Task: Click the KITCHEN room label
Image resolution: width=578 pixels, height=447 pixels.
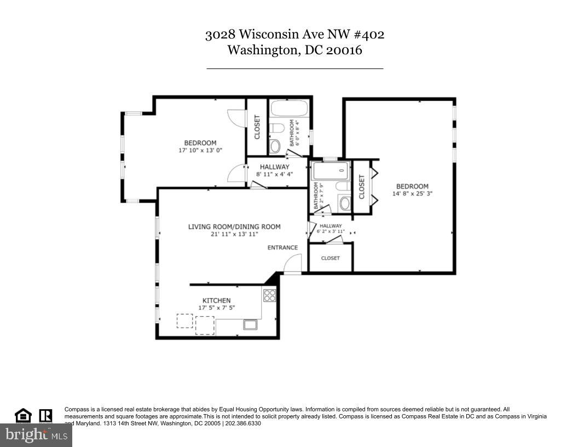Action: coord(216,300)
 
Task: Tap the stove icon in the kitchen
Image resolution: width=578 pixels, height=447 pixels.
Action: coord(269,295)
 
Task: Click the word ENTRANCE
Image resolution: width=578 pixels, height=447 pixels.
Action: coord(282,248)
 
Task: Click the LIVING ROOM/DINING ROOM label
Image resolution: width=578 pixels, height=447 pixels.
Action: coord(234,227)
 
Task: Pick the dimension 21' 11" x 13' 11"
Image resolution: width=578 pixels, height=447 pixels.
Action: coord(234,234)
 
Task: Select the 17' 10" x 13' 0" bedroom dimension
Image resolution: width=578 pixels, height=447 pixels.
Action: coord(200,150)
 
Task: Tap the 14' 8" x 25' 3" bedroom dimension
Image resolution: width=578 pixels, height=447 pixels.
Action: coord(412,193)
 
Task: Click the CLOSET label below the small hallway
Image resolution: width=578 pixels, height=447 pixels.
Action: coord(330,258)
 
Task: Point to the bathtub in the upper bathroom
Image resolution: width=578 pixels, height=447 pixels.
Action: coord(289,108)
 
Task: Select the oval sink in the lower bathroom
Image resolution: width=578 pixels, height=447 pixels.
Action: coord(345,204)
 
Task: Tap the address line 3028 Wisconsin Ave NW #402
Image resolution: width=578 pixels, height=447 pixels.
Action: coord(294,35)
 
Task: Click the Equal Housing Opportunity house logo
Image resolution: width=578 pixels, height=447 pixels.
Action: coord(23,416)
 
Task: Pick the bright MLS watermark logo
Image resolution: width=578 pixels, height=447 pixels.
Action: coord(36,435)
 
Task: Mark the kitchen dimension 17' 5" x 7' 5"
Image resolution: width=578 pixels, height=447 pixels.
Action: coord(216,308)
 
